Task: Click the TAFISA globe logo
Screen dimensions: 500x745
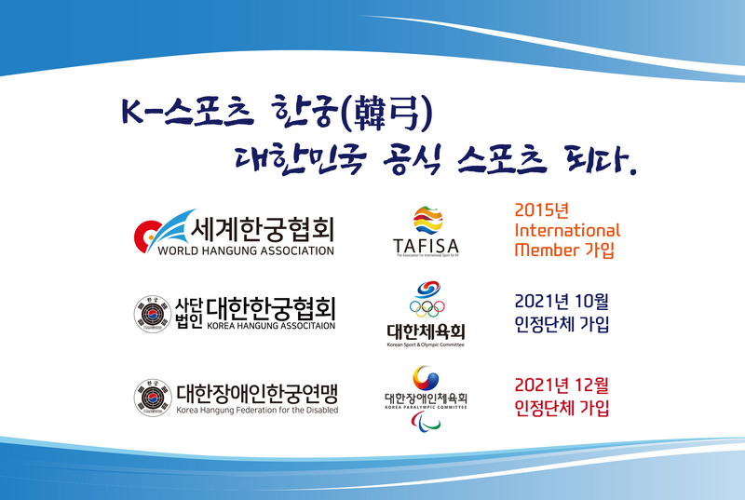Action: (x=427, y=221)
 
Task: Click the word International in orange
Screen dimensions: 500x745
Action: (x=566, y=230)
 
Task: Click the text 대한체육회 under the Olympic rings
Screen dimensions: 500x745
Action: (x=427, y=331)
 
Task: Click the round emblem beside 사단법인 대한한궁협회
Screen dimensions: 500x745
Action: (x=152, y=313)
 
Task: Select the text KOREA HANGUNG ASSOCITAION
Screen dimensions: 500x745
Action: (x=270, y=327)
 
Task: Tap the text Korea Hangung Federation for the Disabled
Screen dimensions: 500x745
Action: (x=257, y=410)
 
